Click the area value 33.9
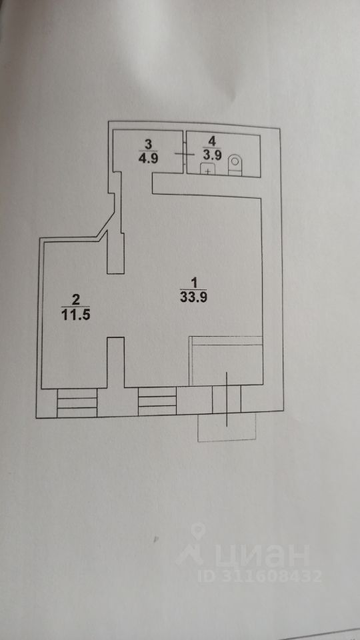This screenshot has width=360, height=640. [x=193, y=297]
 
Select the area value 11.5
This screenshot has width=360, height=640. [x=75, y=315]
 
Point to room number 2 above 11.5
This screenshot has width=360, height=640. [x=75, y=301]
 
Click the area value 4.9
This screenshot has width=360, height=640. [x=148, y=159]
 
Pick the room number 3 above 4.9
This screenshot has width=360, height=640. [x=148, y=144]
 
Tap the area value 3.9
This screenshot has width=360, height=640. [x=211, y=155]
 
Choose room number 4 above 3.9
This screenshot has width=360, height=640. [x=211, y=141]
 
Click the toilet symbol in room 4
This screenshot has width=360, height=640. [x=235, y=165]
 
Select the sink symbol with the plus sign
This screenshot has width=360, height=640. [x=208, y=169]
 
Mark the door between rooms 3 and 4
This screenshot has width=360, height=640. [x=185, y=153]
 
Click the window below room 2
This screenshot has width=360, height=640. [x=77, y=403]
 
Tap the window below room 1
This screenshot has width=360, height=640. [x=157, y=401]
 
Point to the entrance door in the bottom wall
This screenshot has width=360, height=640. [x=227, y=399]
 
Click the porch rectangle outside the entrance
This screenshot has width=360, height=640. [x=227, y=427]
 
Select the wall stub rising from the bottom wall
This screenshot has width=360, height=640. [x=116, y=362]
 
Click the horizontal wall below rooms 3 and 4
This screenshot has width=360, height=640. [x=207, y=191]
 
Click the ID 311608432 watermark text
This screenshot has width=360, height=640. [x=260, y=576]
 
